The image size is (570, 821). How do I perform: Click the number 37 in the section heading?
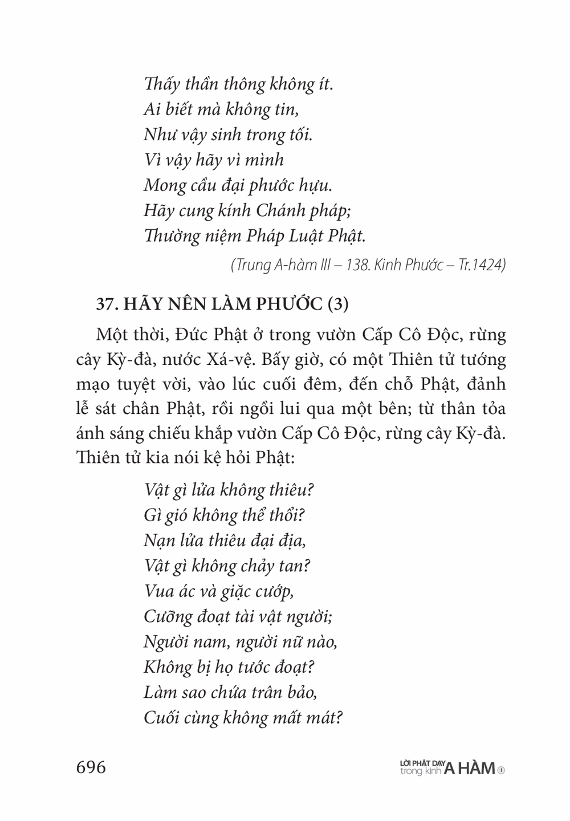click(105, 304)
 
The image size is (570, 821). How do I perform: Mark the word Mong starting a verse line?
click(165, 185)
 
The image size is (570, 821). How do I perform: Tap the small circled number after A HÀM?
click(502, 770)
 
